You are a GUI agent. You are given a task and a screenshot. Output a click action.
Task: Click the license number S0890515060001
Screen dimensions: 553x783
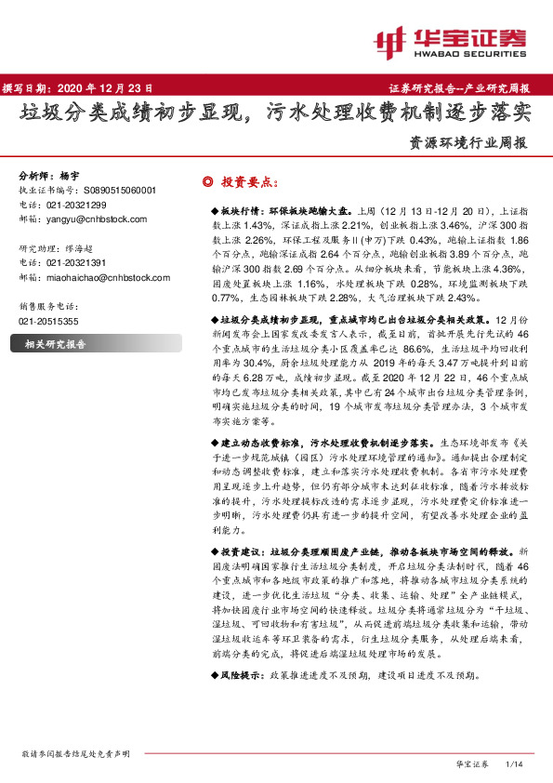pos(112,190)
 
